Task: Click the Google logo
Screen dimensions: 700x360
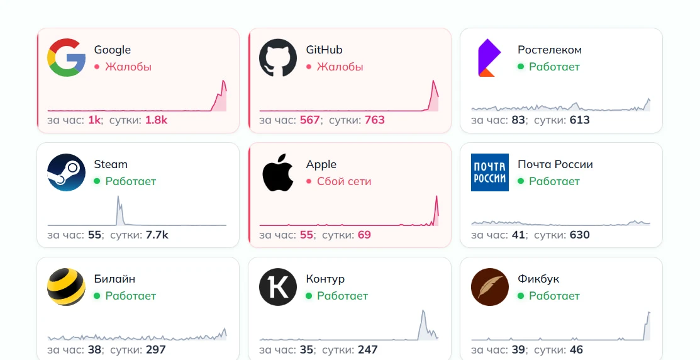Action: (x=66, y=58)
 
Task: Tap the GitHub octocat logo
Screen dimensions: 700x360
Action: (x=278, y=58)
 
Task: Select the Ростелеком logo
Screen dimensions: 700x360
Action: (x=489, y=58)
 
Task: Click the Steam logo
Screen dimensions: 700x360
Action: (x=66, y=172)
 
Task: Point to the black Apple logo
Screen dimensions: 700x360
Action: (x=278, y=172)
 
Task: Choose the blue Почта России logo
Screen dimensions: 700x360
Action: (x=490, y=172)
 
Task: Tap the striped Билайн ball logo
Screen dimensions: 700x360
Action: (x=66, y=287)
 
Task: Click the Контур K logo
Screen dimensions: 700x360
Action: (x=278, y=287)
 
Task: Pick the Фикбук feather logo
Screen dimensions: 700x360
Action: (x=490, y=287)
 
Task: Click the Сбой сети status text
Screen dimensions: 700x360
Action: (x=344, y=181)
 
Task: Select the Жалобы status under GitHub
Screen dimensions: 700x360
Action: (x=340, y=67)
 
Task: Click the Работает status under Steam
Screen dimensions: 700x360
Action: (x=131, y=181)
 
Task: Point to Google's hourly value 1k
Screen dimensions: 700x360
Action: (x=94, y=120)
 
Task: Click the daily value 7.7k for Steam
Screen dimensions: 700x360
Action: (x=157, y=235)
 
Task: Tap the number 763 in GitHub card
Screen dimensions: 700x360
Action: (x=375, y=120)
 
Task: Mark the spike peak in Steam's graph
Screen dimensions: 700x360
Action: (x=118, y=196)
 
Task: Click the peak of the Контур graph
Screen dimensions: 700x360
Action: (x=423, y=310)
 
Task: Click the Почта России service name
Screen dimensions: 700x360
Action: (x=555, y=164)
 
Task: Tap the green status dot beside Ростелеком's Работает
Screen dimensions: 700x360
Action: (x=521, y=67)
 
